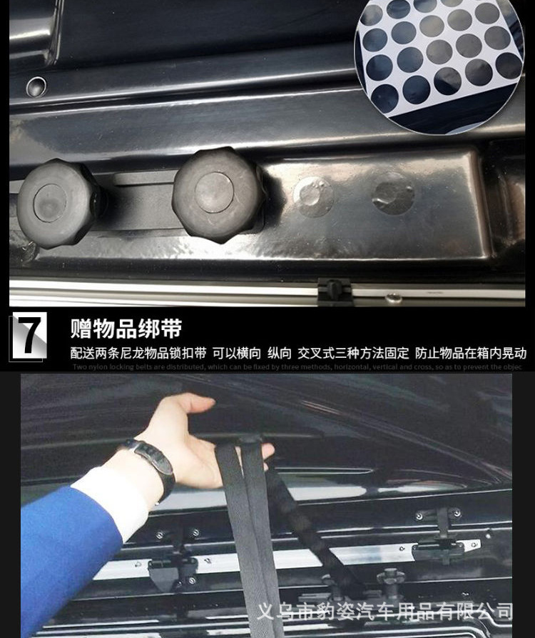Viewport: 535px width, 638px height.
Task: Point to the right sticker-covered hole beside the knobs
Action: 393,193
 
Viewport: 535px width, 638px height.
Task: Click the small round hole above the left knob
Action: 36,87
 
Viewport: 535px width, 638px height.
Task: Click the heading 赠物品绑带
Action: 126,329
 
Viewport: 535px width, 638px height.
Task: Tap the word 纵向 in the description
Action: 280,353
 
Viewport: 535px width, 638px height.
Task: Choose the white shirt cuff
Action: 114,500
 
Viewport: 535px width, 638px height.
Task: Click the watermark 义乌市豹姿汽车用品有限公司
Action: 384,612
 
